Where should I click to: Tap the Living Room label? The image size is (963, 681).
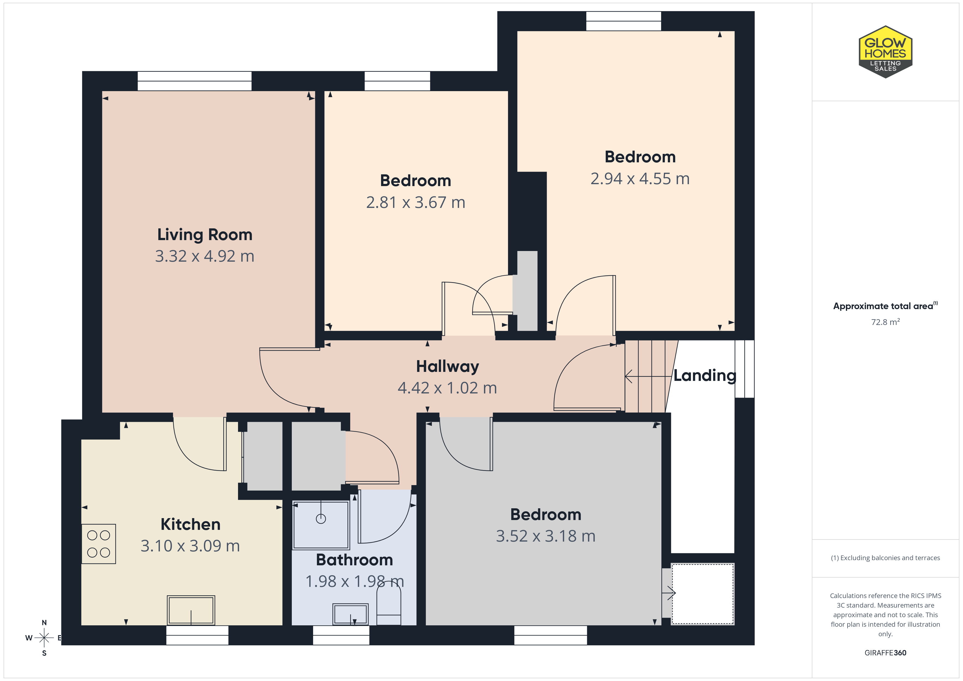tap(205, 235)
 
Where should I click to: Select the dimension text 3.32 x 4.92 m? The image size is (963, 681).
tap(205, 256)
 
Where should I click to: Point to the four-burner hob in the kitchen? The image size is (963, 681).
tap(99, 543)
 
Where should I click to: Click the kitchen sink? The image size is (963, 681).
tap(191, 610)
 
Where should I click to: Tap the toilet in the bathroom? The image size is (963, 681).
tap(389, 604)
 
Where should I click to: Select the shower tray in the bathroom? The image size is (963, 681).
tap(321, 525)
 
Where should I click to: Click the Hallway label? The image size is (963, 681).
tap(448, 366)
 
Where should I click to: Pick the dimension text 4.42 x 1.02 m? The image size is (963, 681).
tap(448, 388)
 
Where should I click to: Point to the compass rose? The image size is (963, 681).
tap(44, 638)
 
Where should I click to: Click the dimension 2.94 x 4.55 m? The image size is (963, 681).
tap(640, 179)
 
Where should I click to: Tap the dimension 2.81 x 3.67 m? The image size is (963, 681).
tap(416, 202)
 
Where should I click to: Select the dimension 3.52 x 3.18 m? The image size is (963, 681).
tap(546, 536)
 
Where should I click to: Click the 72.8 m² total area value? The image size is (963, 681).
tap(885, 322)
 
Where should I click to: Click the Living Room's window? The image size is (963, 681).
tap(195, 81)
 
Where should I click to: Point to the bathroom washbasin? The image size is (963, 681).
tap(350, 614)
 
